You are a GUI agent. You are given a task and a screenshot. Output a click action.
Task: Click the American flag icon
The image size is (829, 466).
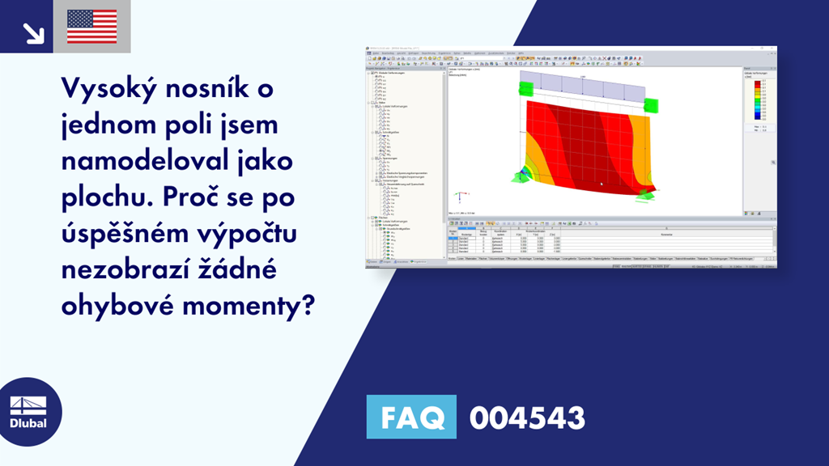pyautogui.click(x=91, y=27)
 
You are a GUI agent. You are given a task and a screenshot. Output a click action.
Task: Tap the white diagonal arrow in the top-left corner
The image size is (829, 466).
pyautogui.click(x=33, y=32)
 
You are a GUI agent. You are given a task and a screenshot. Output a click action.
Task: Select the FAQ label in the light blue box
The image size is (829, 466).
pyautogui.click(x=411, y=417)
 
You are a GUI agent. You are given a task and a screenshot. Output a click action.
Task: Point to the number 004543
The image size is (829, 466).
pyautogui.click(x=527, y=417)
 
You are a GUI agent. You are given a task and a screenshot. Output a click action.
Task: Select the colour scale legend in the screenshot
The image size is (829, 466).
pyautogui.click(x=758, y=102)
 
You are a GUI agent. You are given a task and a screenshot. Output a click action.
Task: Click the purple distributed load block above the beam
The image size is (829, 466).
pyautogui.click(x=580, y=83)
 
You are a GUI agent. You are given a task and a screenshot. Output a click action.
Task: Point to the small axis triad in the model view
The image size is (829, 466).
pyautogui.click(x=459, y=197)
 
